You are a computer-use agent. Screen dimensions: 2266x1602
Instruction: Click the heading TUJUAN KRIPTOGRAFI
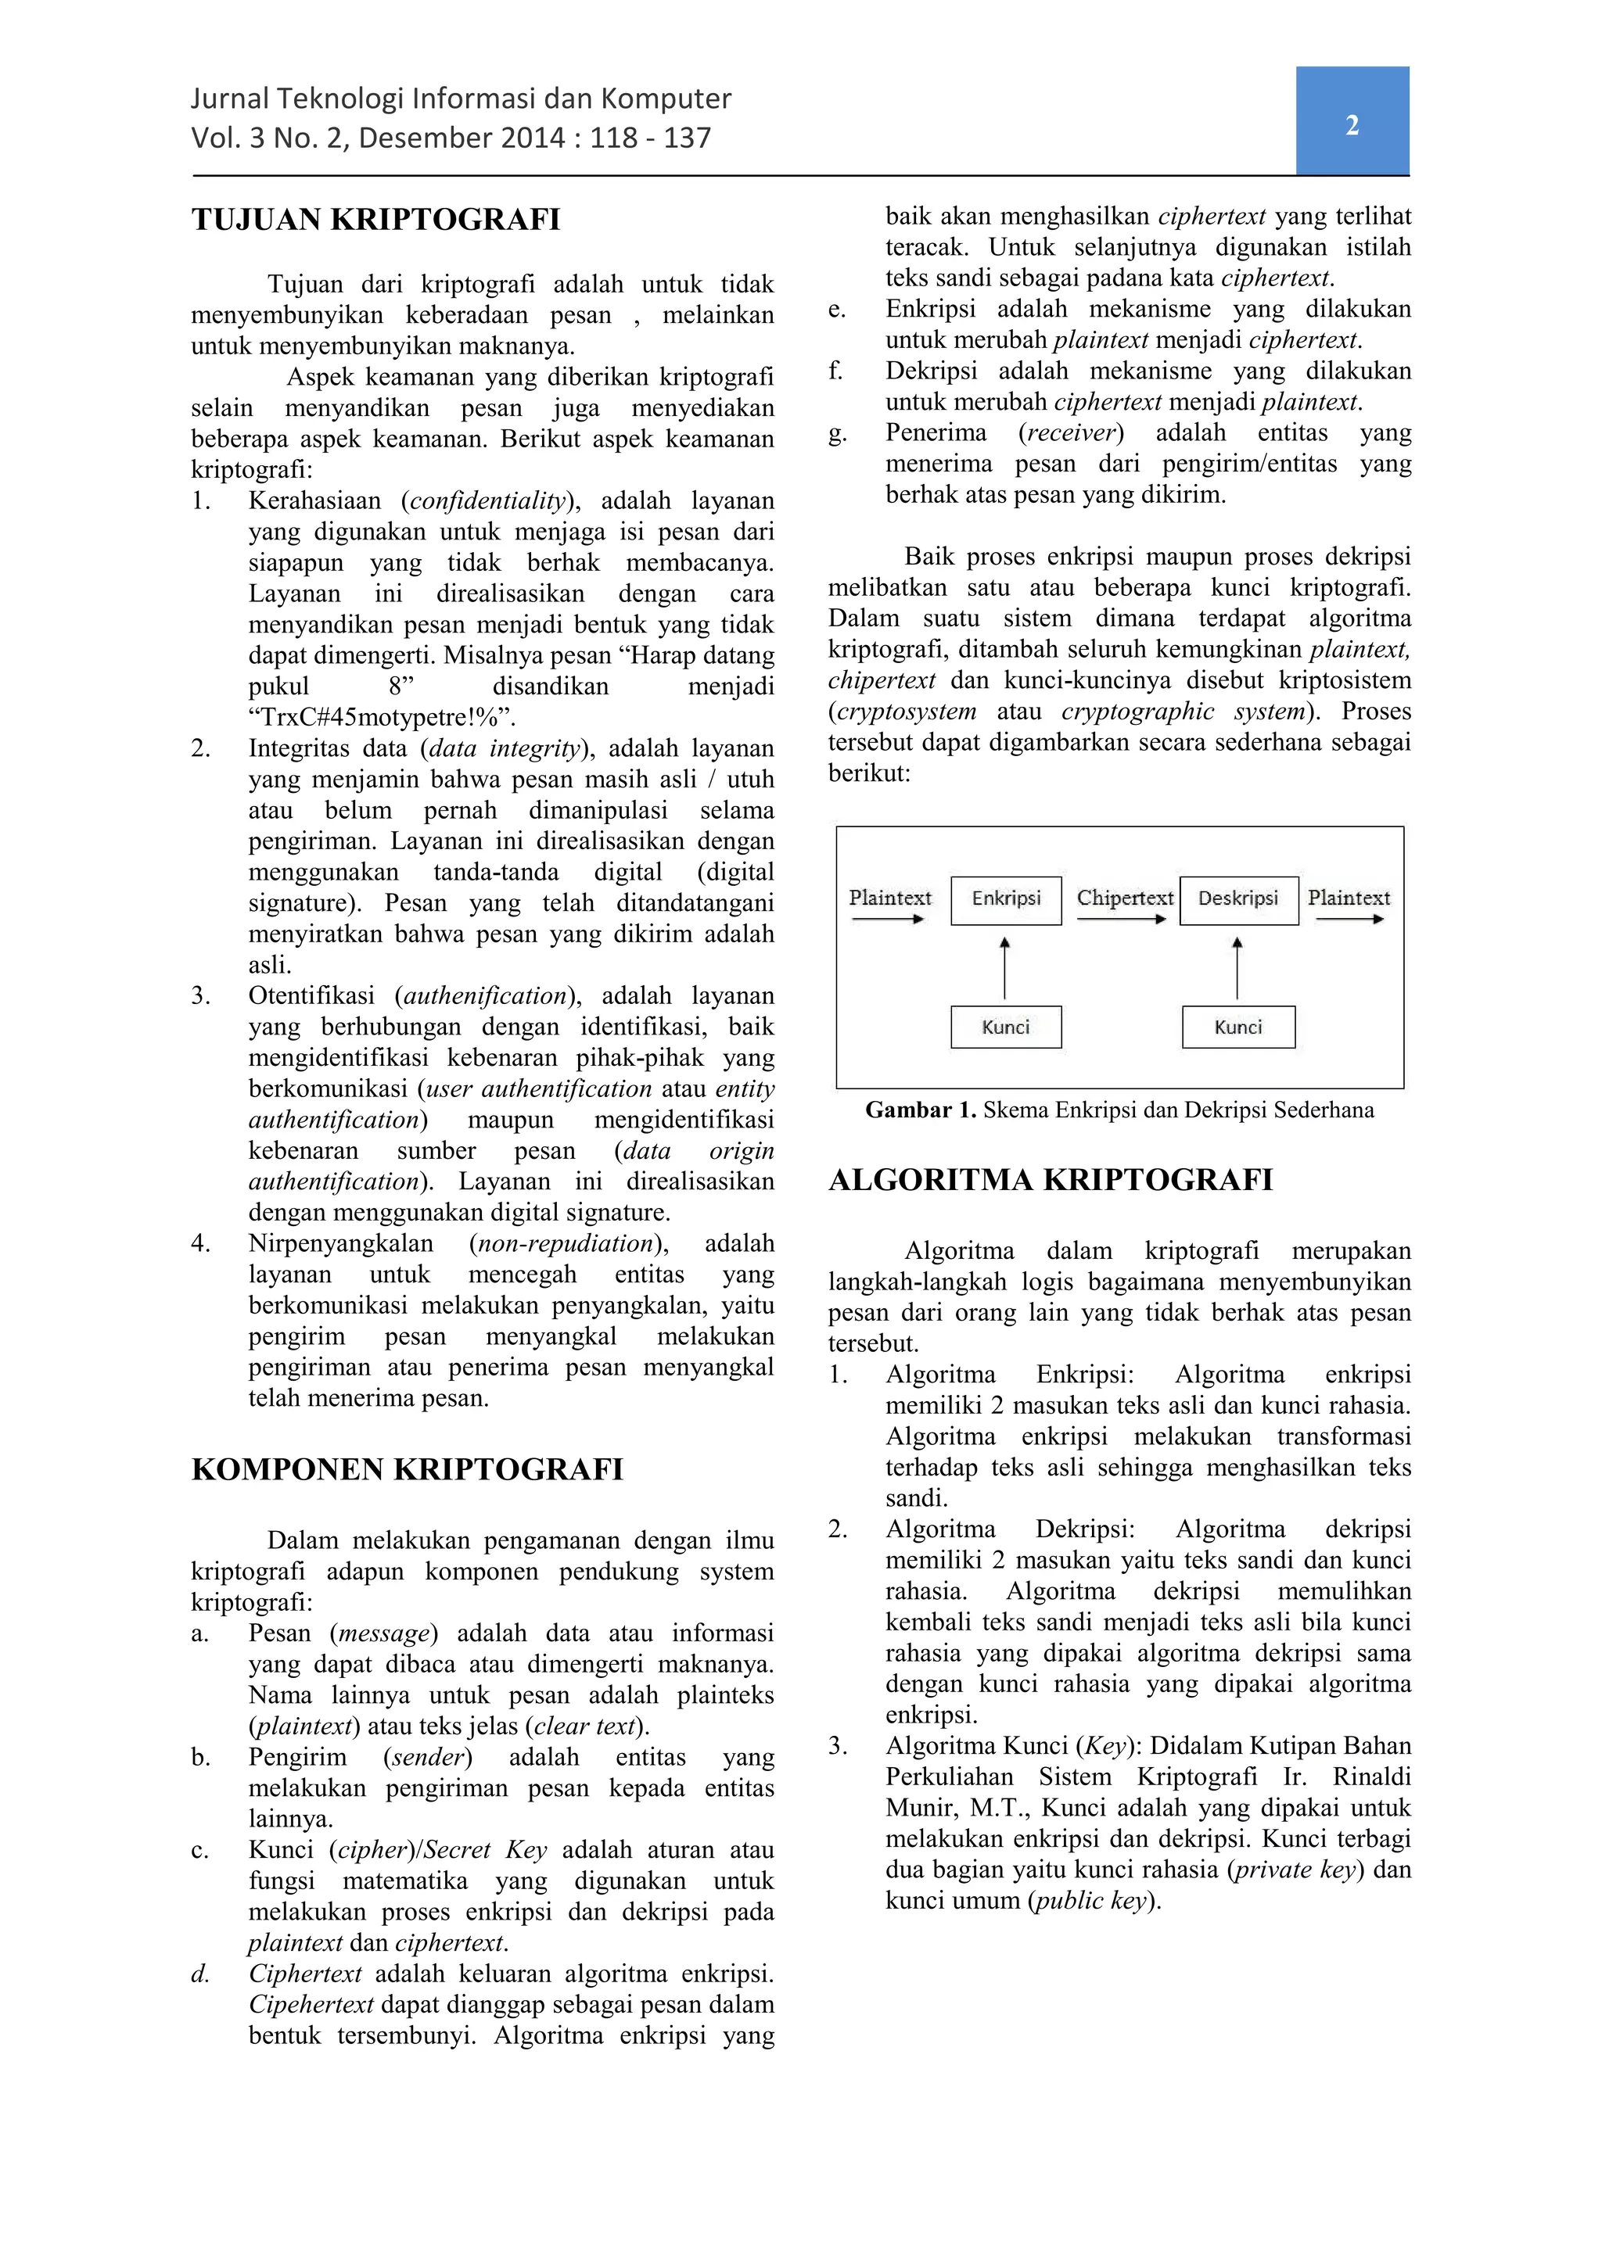click(375, 219)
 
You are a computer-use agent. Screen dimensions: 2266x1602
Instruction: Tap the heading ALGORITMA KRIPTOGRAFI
click(1051, 1181)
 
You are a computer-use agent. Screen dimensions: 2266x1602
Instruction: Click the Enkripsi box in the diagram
click(1006, 899)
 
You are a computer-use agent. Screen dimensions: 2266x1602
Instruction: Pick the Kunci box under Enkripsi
click(1006, 1027)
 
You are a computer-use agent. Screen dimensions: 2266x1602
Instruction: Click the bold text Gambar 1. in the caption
click(920, 1110)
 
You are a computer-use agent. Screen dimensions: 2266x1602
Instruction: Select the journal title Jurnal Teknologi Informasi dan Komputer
click(461, 99)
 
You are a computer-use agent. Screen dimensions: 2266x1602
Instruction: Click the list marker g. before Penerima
click(837, 433)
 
